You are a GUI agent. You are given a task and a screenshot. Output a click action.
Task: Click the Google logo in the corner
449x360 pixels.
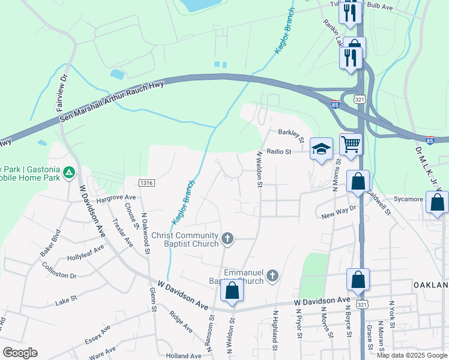[x=20, y=353]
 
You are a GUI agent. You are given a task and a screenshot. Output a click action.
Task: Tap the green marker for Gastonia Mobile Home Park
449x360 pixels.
[x=70, y=173]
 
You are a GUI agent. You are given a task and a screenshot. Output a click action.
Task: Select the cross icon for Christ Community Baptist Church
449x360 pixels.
[x=227, y=239]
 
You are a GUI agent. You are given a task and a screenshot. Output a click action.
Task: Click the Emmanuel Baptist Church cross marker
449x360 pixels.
[x=273, y=276]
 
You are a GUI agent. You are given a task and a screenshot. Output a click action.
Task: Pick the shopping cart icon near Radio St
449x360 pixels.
[x=351, y=144]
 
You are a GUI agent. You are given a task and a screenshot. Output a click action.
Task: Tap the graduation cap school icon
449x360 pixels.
[x=321, y=149]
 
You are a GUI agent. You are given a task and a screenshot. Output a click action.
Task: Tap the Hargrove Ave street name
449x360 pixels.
[x=116, y=197]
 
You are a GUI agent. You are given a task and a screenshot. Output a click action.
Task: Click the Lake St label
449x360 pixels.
[x=66, y=298]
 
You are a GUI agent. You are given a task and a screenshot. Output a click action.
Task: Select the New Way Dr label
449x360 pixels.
[x=339, y=212]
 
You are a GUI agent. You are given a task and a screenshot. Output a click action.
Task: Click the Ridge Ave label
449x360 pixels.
[x=181, y=322]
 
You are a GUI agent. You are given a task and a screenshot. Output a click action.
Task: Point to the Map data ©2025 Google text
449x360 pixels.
[x=411, y=355]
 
